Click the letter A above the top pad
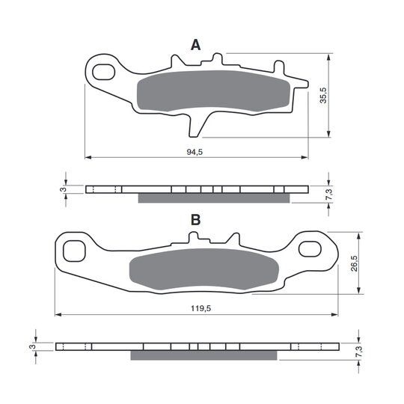click(195, 45)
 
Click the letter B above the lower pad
click(195, 220)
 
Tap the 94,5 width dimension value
click(195, 152)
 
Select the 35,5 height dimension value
click(323, 95)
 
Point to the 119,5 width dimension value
click(201, 308)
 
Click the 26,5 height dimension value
click(355, 263)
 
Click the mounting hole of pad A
click(103, 72)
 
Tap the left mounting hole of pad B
click(74, 251)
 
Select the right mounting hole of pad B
click(310, 249)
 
